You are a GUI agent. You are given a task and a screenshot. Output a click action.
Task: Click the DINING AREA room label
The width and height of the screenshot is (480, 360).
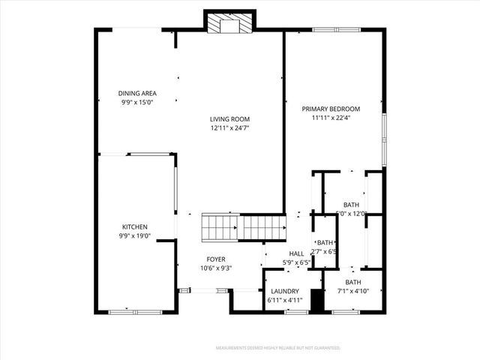pyautogui.click(x=136, y=93)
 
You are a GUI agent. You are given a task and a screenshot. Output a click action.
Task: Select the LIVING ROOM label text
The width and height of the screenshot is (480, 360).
pyautogui.click(x=229, y=119)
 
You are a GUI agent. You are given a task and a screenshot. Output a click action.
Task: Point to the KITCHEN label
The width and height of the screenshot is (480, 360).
pyautogui.click(x=135, y=227)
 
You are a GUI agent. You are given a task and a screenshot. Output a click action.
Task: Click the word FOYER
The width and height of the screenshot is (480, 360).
pyautogui.click(x=216, y=259)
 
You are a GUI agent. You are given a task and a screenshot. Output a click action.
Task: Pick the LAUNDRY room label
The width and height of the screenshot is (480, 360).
pyautogui.click(x=284, y=291)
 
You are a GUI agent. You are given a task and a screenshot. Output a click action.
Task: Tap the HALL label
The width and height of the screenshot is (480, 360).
pyautogui.click(x=296, y=253)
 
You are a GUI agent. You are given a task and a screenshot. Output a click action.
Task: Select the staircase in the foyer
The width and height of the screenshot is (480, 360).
pyautogui.click(x=243, y=226)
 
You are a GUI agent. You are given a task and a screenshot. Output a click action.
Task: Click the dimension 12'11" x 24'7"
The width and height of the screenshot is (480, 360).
pyautogui.click(x=229, y=128)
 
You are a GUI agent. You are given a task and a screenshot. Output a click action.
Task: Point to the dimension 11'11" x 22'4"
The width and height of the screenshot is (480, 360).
pyautogui.click(x=331, y=118)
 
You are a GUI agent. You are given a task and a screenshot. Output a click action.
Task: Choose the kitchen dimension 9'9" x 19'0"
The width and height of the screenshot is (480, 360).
pyautogui.click(x=135, y=236)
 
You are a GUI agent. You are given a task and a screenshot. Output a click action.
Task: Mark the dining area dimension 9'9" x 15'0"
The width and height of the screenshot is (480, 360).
pyautogui.click(x=136, y=102)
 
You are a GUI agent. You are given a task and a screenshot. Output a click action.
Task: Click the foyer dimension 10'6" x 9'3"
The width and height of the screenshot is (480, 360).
pyautogui.click(x=216, y=268)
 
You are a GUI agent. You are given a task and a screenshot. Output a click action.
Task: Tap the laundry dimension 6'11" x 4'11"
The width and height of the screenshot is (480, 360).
pyautogui.click(x=284, y=300)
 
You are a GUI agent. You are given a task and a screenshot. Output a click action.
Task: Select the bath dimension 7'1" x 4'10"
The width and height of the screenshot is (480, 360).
pyautogui.click(x=352, y=291)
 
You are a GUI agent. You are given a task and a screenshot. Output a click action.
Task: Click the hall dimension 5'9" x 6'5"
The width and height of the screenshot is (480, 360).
pyautogui.click(x=296, y=262)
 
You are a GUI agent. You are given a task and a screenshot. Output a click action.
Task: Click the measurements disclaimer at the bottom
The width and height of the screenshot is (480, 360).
pyautogui.click(x=277, y=348)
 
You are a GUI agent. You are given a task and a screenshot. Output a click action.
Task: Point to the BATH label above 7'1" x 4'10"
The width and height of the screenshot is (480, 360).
pyautogui.click(x=352, y=282)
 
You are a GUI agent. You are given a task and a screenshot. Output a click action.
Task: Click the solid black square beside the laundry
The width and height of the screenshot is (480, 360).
pyautogui.click(x=316, y=301)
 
